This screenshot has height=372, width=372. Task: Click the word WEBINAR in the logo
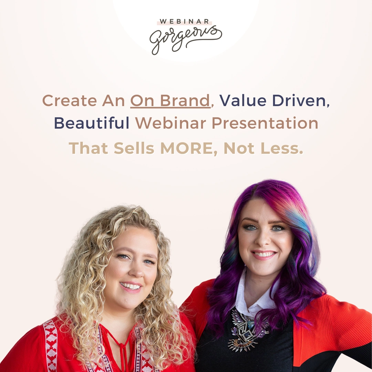(x=184, y=22)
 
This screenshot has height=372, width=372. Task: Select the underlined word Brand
(x=189, y=101)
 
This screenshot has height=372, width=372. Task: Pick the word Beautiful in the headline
(x=92, y=124)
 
